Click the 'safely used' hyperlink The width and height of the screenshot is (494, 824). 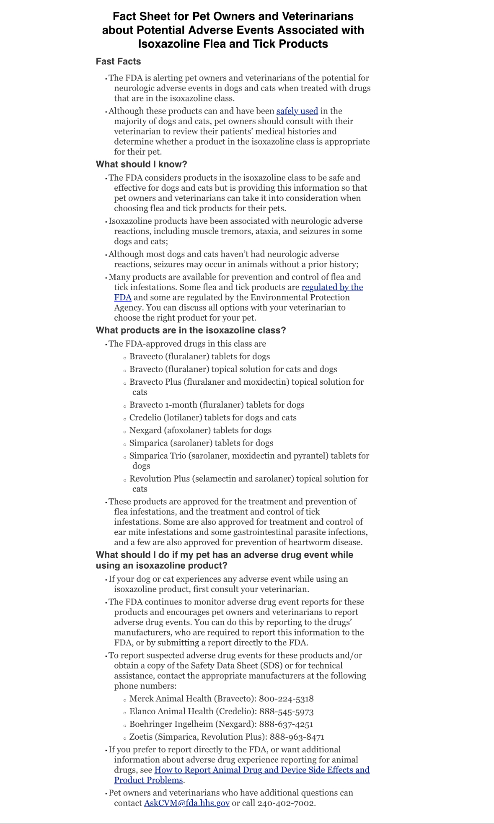tap(297, 111)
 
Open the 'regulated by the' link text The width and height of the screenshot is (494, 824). tap(332, 287)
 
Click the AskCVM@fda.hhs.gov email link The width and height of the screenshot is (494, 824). tap(187, 803)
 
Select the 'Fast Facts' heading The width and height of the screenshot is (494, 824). tap(118, 62)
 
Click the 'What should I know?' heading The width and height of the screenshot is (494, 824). tap(141, 164)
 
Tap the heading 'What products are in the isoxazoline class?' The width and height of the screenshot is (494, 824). tap(191, 330)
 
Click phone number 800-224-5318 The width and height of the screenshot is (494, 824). tap(286, 699)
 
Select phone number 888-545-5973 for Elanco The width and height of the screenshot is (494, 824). tap(286, 711)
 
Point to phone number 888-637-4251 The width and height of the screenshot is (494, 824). tap(286, 724)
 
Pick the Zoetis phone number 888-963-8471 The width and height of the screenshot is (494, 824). tap(297, 737)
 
